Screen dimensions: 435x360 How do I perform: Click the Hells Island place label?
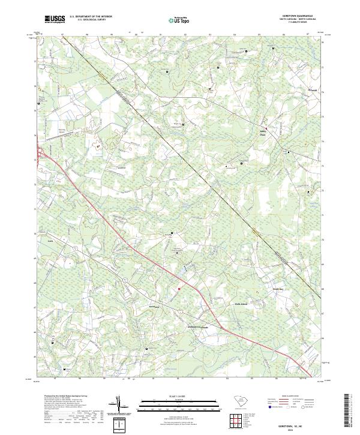[x=241, y=304]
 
